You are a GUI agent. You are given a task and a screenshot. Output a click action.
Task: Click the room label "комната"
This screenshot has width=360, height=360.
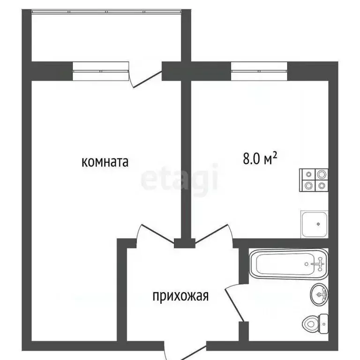click(x=105, y=162)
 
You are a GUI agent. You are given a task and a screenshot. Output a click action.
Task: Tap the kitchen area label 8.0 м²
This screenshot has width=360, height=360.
click(x=260, y=159)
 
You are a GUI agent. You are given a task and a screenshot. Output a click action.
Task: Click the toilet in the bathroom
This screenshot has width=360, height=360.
click(x=313, y=323)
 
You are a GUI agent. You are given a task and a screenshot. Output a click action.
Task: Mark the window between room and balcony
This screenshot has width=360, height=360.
click(x=100, y=71)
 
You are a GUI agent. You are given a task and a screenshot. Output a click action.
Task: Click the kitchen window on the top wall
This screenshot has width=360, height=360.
click(x=259, y=71)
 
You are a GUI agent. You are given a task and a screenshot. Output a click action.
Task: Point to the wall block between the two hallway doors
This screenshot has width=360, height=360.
click(x=184, y=243)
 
